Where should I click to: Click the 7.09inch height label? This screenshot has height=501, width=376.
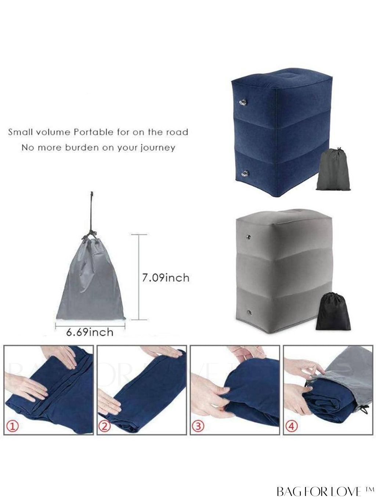[166, 278]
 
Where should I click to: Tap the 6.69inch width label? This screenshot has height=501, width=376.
[90, 332]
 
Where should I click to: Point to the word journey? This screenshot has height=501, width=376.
[158, 148]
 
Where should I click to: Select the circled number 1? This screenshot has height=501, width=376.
[12, 426]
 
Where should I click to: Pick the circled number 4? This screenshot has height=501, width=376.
[291, 426]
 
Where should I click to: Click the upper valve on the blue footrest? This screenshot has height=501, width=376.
[243, 102]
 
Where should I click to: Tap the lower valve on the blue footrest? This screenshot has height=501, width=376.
[245, 174]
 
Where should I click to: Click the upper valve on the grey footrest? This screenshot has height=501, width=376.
[249, 237]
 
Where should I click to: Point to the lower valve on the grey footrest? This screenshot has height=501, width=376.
[250, 312]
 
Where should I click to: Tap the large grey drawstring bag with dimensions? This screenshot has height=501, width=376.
[91, 278]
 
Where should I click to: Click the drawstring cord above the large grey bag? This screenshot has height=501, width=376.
[91, 215]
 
